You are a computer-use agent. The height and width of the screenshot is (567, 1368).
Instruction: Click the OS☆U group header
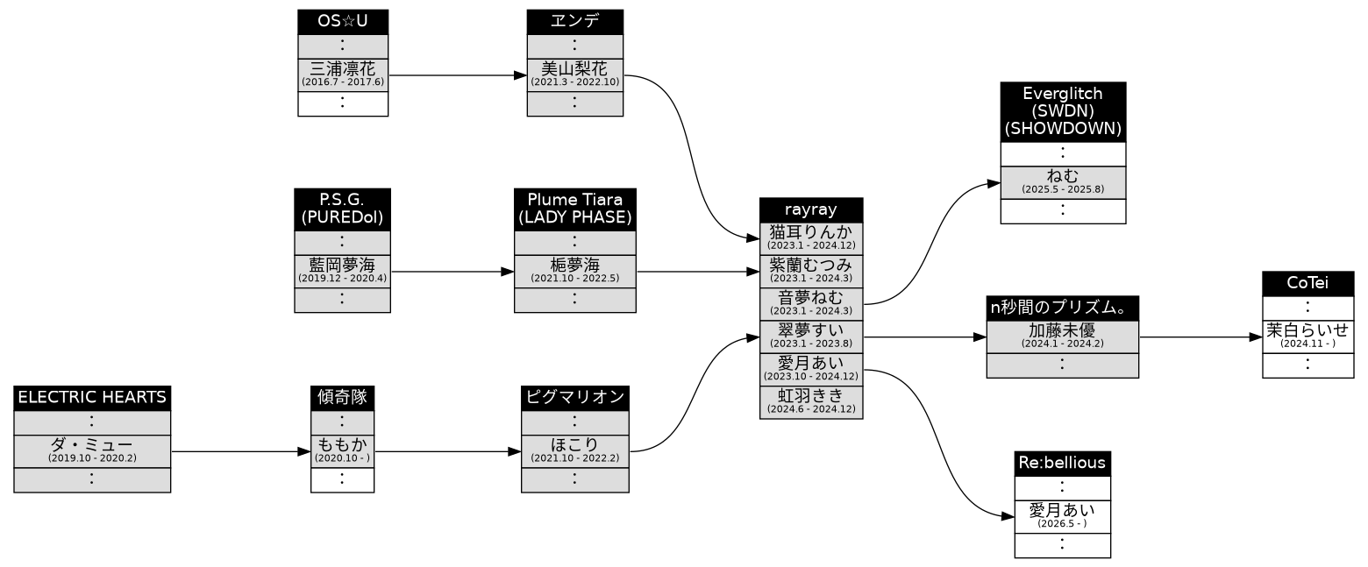pos(343,22)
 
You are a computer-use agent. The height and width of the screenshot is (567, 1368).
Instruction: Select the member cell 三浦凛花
pos(343,75)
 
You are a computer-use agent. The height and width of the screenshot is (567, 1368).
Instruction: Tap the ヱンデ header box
pos(574,22)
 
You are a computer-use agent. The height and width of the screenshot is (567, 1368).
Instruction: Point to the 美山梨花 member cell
pos(574,75)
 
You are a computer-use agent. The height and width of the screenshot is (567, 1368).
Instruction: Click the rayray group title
pos(811,210)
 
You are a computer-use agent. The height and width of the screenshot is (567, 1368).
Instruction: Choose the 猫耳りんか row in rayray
pos(811,238)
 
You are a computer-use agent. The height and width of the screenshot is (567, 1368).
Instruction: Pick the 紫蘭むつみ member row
pos(811,272)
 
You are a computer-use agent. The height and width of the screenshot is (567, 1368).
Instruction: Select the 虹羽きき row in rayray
pos(811,402)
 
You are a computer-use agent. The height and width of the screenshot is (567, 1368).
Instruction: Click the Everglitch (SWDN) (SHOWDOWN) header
pos(1063,112)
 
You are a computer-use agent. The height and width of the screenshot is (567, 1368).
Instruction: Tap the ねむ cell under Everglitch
pos(1063,182)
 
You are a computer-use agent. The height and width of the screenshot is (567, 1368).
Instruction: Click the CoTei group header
pos(1307,284)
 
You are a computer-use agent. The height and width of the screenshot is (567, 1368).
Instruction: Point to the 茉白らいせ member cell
pos(1307,337)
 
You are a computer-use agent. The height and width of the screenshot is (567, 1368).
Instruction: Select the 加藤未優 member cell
pos(1062,337)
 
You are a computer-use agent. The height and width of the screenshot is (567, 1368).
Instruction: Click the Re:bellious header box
pos(1062,464)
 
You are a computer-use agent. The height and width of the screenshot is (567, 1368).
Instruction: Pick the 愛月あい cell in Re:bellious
pos(1062,517)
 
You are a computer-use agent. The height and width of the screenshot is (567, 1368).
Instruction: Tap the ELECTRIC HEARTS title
pos(92,398)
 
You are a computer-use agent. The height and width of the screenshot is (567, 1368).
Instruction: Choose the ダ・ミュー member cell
pos(92,451)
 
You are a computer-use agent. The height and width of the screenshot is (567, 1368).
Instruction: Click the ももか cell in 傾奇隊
pos(342,451)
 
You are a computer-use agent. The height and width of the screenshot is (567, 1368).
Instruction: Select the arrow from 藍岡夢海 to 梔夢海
pos(452,272)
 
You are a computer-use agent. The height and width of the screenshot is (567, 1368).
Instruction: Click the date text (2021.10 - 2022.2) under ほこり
pos(574,458)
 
